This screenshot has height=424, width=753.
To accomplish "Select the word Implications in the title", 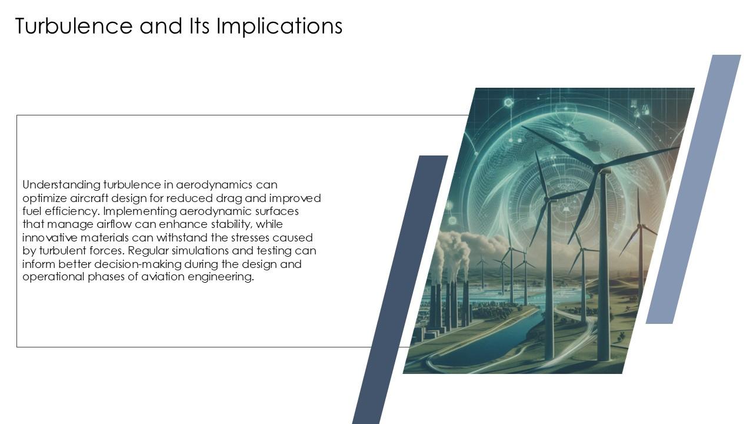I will point(279,27).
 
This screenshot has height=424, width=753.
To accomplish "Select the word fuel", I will point(31,211).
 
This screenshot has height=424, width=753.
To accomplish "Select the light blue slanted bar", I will point(694,188).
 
